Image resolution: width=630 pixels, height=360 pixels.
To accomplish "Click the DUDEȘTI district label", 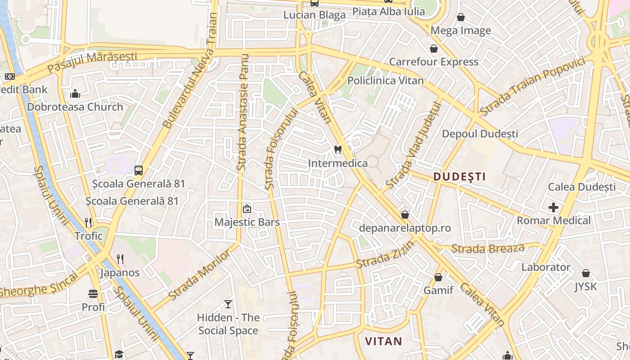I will tap(459, 177).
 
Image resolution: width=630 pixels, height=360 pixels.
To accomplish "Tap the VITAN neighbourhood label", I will tap(383, 341).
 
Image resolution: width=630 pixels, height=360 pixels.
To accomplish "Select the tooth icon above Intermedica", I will tap(338, 149).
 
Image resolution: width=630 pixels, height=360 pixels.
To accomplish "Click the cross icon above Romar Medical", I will tap(553, 207).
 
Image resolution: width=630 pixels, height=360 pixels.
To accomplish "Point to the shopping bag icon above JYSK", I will tap(586, 273).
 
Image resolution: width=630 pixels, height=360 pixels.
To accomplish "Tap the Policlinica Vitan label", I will tap(386, 81).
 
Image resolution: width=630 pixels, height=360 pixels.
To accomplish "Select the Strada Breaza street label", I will tap(488, 248).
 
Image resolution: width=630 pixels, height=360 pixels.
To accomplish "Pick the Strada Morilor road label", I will tap(199, 275).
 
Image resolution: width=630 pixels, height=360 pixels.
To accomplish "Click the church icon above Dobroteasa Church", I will tap(75, 94).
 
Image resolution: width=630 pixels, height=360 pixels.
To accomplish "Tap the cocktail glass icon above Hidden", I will tap(228, 304).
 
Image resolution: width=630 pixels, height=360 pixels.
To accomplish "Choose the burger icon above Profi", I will tap(93, 294).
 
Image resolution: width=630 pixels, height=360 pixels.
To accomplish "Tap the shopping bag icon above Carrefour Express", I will tap(434, 49).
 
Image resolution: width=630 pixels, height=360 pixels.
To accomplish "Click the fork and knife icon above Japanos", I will tap(120, 259).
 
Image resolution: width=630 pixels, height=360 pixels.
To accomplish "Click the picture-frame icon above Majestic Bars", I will tap(247, 209).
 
